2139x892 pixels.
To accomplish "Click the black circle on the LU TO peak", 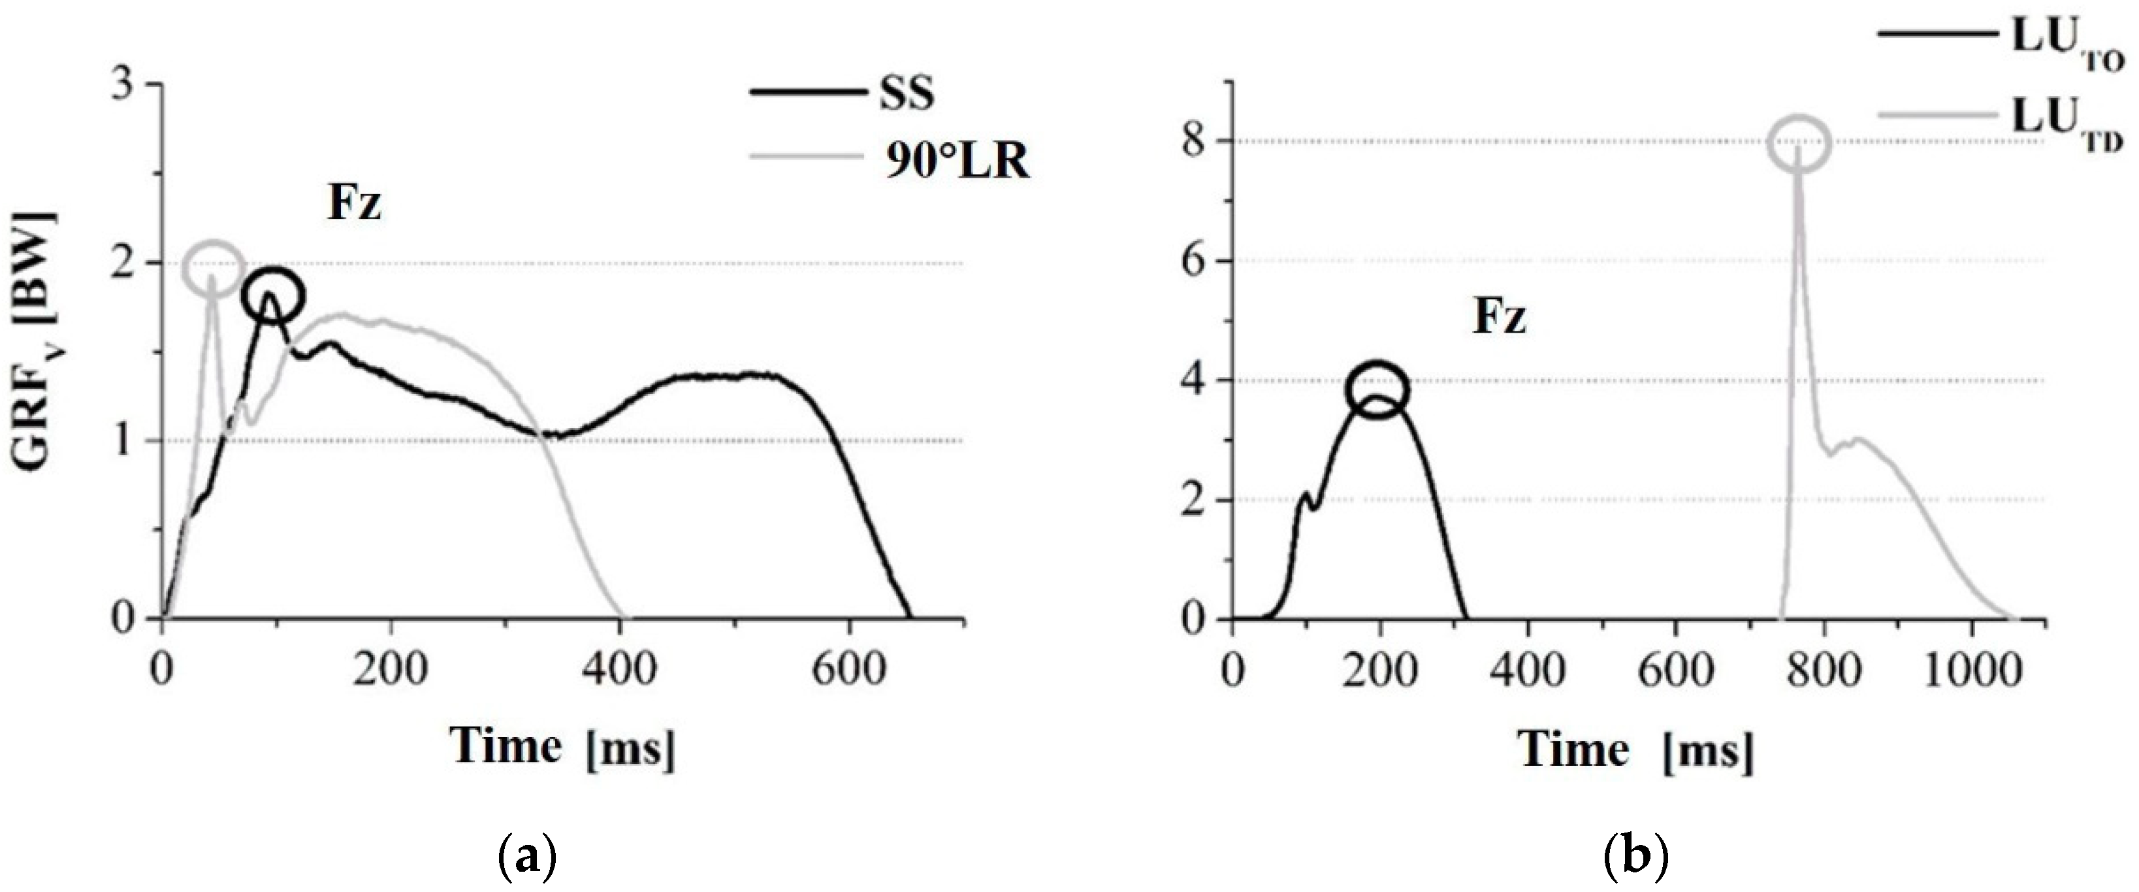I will pyautogui.click(x=1377, y=390).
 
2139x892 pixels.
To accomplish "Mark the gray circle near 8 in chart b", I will pyautogui.click(x=1799, y=144).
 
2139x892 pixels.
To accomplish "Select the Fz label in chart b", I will pyautogui.click(x=1500, y=318).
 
